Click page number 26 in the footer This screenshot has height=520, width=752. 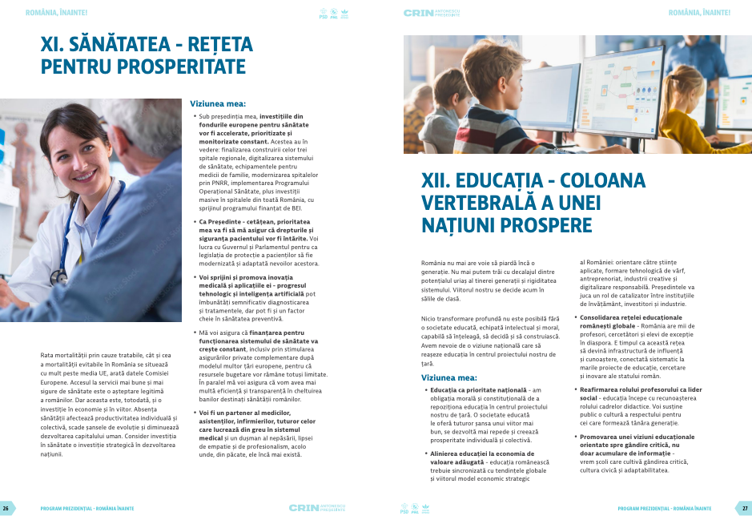[x=6, y=508]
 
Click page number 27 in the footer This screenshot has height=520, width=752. [x=745, y=508]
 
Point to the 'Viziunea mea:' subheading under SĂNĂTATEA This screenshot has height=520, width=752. [x=218, y=103]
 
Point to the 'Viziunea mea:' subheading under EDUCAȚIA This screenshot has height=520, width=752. [x=449, y=377]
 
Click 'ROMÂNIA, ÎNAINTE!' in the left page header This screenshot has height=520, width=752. [x=57, y=13]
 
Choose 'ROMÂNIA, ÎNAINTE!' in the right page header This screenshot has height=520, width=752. [x=699, y=13]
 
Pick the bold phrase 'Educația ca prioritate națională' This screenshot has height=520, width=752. [x=473, y=390]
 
